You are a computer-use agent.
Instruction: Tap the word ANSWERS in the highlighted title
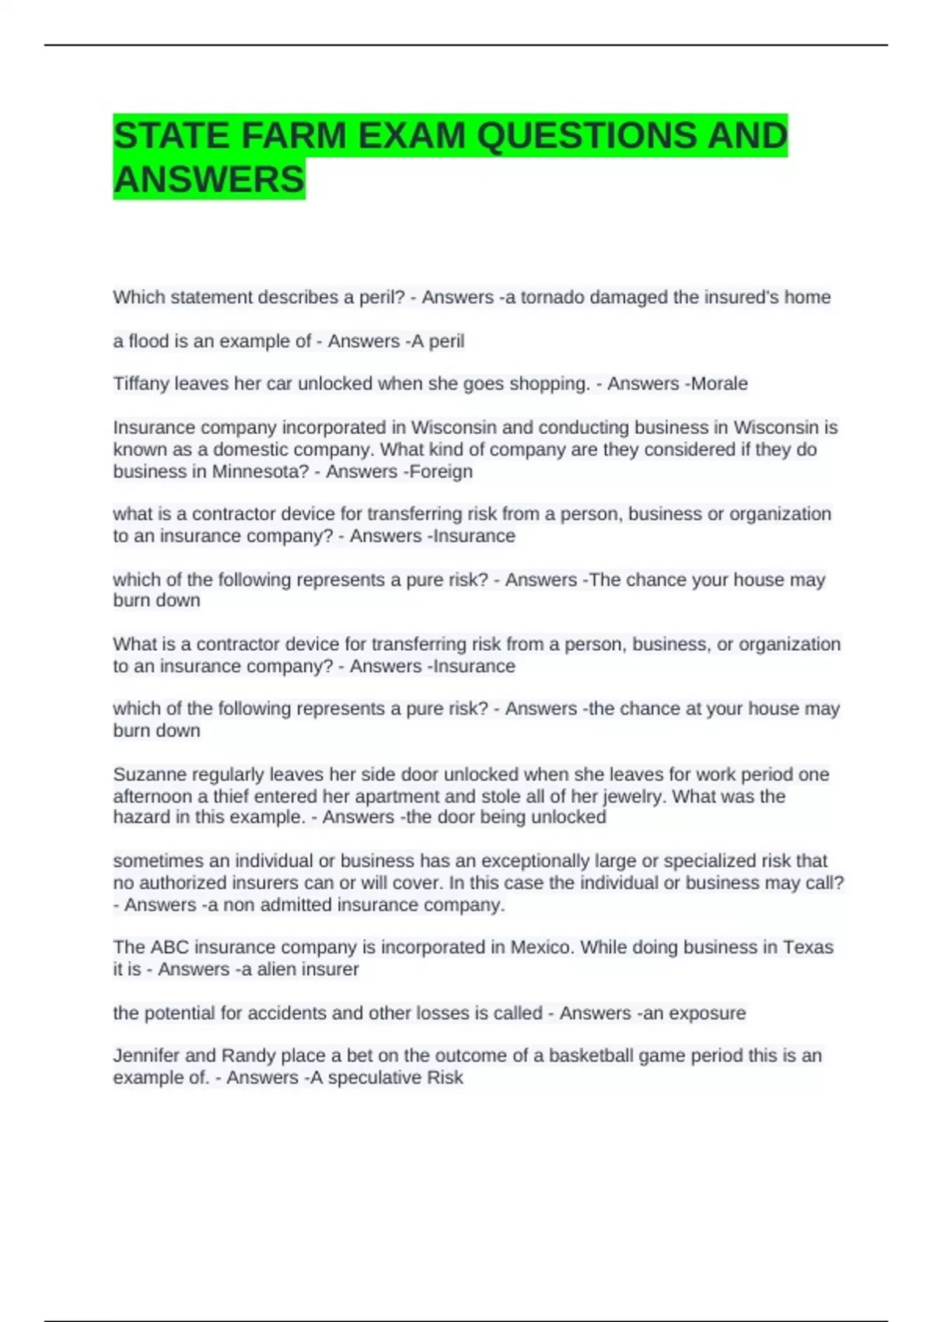(x=208, y=180)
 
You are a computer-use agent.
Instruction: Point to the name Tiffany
(x=141, y=383)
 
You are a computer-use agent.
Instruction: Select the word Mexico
(x=541, y=947)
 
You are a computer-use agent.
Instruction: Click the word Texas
(x=808, y=947)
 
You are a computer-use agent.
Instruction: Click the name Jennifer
(x=146, y=1056)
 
